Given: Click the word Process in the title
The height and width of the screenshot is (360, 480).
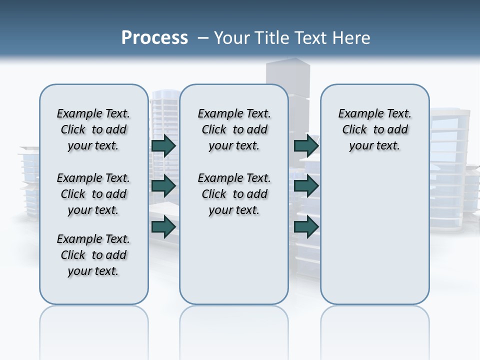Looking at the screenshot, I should pos(154,37).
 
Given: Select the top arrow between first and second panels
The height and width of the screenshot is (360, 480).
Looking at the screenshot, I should pos(163,145).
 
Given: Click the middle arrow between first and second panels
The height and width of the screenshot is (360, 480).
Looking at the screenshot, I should pos(163,186).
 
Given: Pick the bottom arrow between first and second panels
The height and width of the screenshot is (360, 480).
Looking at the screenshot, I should pos(163,227).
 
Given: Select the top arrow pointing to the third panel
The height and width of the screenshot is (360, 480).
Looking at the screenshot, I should pos(306,145).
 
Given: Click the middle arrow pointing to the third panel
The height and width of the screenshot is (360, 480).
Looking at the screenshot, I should pos(306,186).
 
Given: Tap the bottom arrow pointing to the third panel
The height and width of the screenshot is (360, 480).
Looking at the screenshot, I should pos(306,227).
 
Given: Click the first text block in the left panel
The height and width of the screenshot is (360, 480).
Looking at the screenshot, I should pos(93,129).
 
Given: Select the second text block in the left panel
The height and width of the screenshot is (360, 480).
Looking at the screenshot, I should pos(93,194).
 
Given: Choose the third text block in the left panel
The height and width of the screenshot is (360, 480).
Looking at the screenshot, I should pos(93,255).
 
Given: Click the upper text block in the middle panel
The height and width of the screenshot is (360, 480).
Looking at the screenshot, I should pos(234,129).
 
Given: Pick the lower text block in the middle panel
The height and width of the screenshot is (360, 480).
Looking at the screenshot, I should pos(234,194).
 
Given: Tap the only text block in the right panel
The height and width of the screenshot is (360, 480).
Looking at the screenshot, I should pos(374,129).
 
